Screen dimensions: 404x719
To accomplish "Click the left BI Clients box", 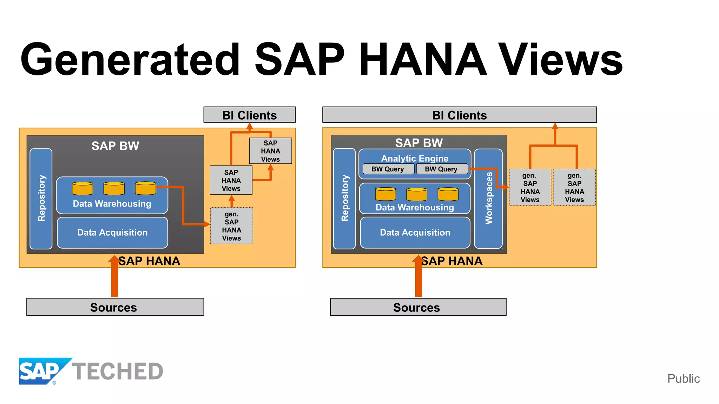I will (249, 115).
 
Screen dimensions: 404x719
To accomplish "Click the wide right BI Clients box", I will (459, 115).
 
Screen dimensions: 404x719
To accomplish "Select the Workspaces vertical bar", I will (488, 198).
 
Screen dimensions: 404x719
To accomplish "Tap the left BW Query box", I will (388, 169).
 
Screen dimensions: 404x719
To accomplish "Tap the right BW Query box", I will (441, 169).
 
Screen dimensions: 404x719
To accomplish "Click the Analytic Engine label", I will (415, 158).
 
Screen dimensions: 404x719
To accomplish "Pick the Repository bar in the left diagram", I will (41, 198).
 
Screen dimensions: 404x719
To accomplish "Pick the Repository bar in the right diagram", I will (344, 198).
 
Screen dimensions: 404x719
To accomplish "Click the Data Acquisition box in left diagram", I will (112, 233).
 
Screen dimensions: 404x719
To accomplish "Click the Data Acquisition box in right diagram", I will (415, 233).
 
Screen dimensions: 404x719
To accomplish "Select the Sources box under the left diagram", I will (115, 307).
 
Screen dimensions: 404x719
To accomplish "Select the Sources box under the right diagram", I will (418, 307).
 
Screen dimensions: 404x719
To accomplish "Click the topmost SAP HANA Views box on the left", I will (270, 151).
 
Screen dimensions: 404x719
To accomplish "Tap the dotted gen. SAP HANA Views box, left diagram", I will (231, 226).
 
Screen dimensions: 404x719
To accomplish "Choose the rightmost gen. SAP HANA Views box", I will (574, 187).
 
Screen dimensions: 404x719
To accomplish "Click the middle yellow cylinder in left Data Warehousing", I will (114, 188).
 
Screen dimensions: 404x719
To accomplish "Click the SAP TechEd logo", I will (91, 371).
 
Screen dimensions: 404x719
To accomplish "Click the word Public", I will (683, 378).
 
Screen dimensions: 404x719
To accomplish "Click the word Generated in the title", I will (130, 59).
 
